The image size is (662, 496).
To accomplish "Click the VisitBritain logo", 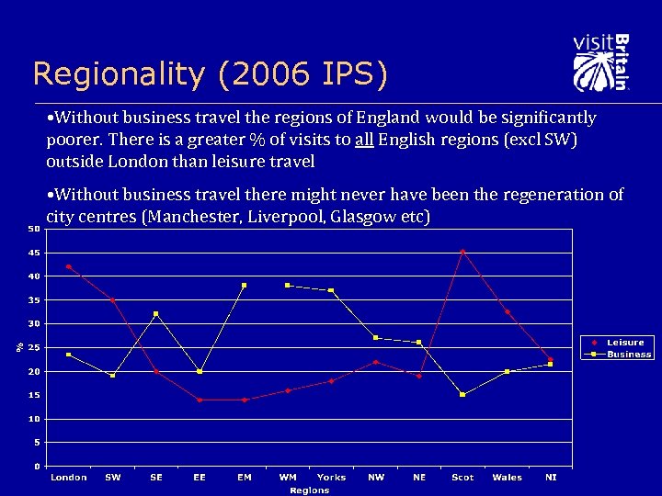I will [600, 62].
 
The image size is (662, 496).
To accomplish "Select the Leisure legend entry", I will [624, 343].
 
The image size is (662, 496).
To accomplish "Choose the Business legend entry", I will [628, 354].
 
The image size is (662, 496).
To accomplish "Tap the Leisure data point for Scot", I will [462, 251].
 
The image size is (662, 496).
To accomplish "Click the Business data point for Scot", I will [462, 394].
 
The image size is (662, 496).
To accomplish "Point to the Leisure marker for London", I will [69, 266].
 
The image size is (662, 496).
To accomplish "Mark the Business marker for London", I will [69, 355].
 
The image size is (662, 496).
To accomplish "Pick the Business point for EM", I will [244, 285].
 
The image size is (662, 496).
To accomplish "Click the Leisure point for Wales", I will [507, 312].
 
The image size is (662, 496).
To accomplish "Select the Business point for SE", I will [156, 314].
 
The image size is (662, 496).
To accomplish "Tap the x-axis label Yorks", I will [331, 478].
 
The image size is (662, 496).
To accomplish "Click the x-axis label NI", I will [551, 478].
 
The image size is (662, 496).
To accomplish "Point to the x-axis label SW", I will [112, 478].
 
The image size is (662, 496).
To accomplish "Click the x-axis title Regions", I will [309, 490].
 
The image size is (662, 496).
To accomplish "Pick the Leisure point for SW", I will [112, 300].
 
